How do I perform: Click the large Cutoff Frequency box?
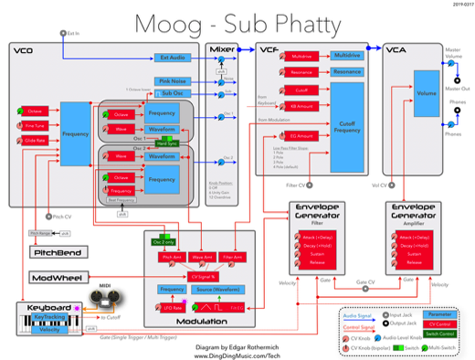(346, 126)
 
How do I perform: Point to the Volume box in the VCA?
(426, 94)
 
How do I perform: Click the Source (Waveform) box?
(217, 289)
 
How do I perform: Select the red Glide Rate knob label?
(35, 140)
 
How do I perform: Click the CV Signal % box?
(203, 275)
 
